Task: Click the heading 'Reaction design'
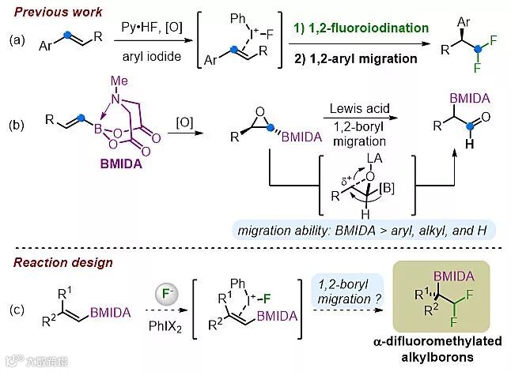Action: click(57, 262)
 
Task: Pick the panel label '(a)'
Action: click(15, 40)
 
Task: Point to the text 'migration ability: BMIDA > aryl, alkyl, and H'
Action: click(362, 229)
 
